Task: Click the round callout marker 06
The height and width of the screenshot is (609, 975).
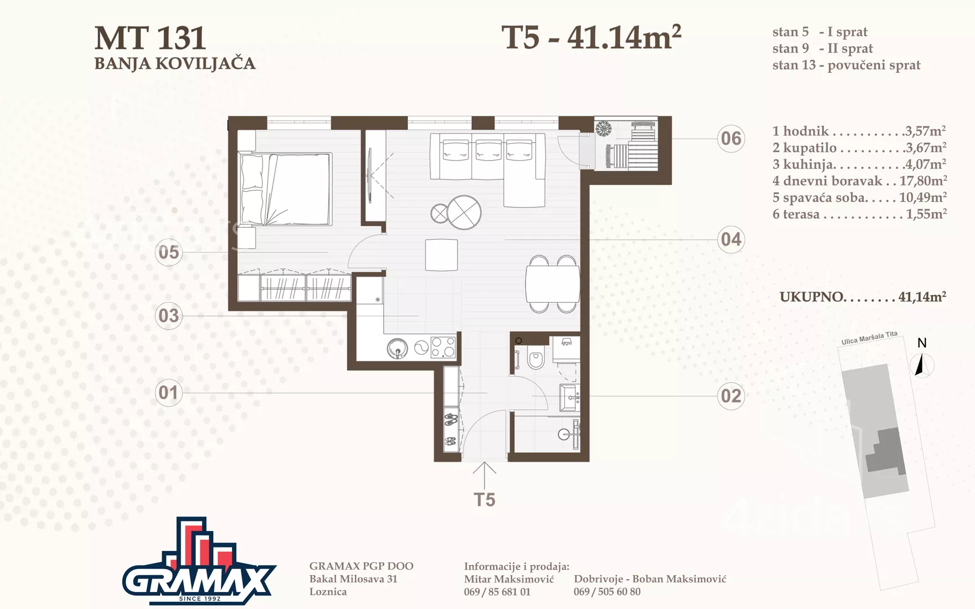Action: [731, 138]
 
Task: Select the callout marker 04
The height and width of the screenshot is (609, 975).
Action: [731, 239]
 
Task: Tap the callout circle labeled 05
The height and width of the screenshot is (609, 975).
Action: [169, 252]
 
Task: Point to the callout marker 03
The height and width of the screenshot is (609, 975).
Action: [169, 315]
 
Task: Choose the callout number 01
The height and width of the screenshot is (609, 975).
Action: [169, 392]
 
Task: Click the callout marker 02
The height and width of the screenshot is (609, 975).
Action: [731, 396]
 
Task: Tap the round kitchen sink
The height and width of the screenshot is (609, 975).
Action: [398, 348]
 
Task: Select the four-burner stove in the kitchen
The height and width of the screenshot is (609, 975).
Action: [443, 347]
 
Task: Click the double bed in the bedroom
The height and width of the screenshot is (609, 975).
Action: [285, 189]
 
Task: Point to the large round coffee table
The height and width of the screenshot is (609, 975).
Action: [464, 213]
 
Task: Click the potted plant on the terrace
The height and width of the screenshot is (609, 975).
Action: [604, 129]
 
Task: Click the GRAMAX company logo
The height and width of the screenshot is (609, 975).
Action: [199, 561]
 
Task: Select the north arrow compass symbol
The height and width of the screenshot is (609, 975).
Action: [922, 365]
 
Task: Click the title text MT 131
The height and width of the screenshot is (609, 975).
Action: [150, 38]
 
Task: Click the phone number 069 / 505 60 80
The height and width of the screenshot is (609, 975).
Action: [607, 592]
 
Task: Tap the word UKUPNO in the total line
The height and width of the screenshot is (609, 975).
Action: [813, 297]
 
